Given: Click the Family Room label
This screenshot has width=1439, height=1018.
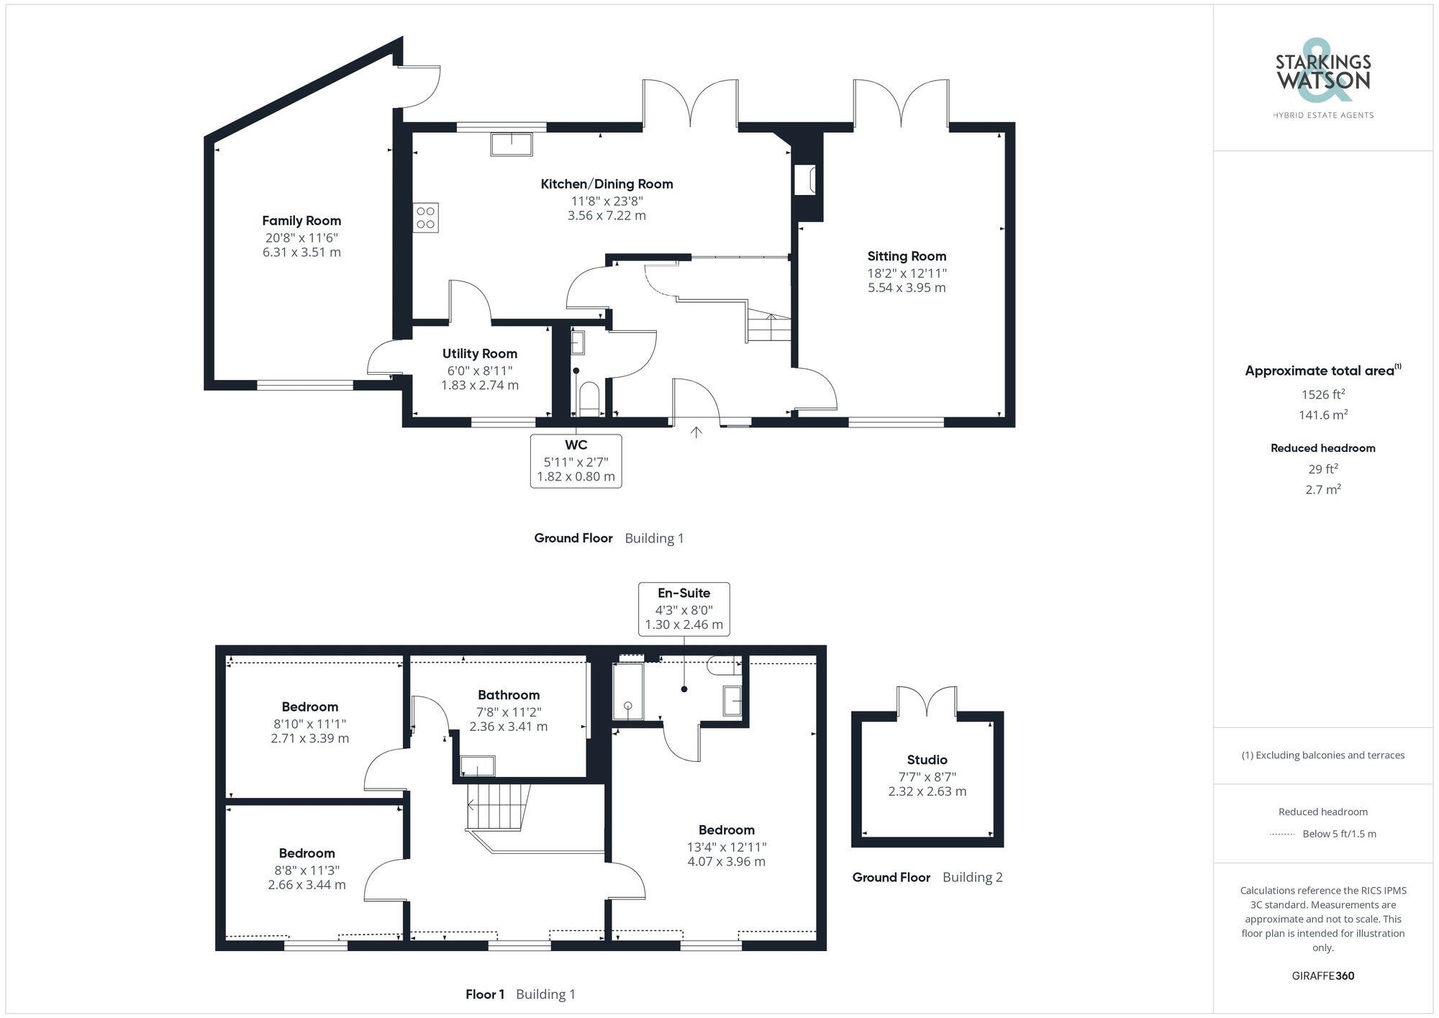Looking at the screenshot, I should click(x=301, y=221).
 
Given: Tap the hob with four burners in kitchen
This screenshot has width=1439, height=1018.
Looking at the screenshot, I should click(x=425, y=218).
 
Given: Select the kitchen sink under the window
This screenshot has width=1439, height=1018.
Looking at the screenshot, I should click(x=512, y=144).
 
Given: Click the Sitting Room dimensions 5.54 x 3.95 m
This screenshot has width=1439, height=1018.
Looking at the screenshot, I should click(x=907, y=288).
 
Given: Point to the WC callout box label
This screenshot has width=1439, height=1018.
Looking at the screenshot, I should click(x=576, y=445).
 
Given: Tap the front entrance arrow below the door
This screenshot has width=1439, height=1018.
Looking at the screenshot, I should click(x=696, y=432).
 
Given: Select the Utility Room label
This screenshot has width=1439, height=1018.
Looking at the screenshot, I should click(x=479, y=354).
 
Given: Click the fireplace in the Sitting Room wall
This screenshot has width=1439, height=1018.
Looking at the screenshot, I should click(x=804, y=181).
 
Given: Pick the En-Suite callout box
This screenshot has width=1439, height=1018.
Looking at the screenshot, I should click(x=684, y=609).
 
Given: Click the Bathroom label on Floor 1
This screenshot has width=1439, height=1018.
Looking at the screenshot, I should click(x=509, y=695).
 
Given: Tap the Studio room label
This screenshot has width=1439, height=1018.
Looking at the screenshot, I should click(x=927, y=760).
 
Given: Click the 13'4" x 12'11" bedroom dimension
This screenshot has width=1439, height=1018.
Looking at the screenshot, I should click(x=727, y=847).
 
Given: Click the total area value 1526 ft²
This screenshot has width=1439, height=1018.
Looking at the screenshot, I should click(x=1322, y=394).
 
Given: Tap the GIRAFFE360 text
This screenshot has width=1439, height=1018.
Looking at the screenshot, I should click(x=1322, y=976).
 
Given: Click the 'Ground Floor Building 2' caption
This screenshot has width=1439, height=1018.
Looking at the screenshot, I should click(x=927, y=877).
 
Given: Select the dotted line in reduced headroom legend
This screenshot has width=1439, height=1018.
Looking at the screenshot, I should click(x=1282, y=835).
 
